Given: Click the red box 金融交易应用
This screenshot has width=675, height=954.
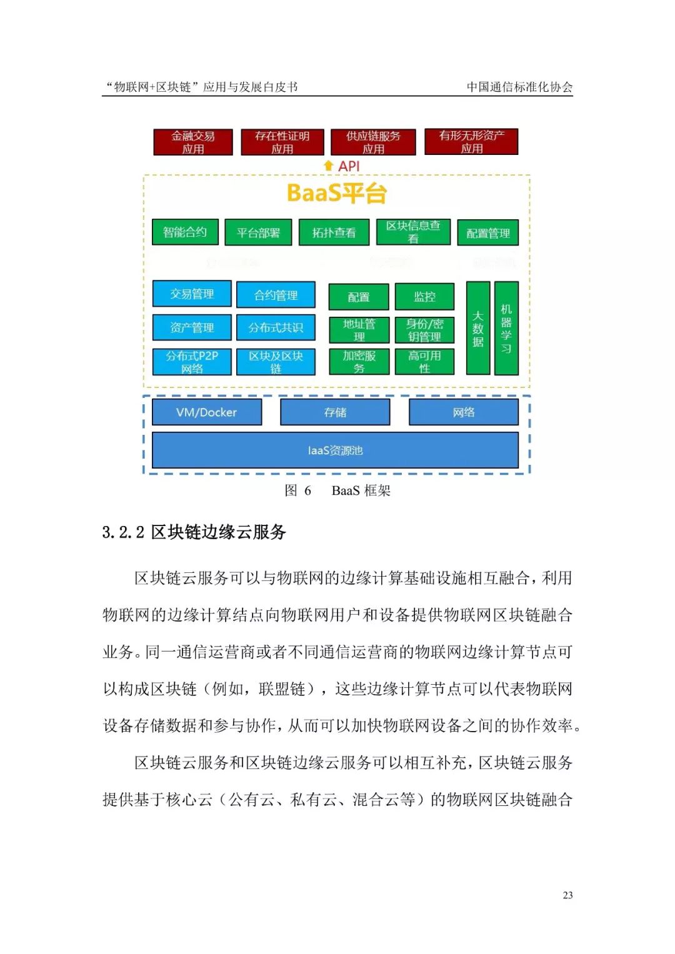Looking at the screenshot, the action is (x=193, y=142).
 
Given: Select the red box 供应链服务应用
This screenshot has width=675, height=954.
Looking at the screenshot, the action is (x=373, y=142).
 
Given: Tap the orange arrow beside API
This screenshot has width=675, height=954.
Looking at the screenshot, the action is (x=328, y=166).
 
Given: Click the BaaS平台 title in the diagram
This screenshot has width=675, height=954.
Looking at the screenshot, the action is (x=336, y=193).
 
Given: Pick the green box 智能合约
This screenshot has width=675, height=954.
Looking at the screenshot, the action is (x=185, y=232).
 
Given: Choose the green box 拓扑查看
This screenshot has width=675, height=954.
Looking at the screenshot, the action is (x=334, y=232).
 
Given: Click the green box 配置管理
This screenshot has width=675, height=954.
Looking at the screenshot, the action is (x=488, y=233).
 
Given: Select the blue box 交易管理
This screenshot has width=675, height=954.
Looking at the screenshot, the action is (x=192, y=294).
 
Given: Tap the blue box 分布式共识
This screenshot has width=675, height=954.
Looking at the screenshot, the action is (x=276, y=327).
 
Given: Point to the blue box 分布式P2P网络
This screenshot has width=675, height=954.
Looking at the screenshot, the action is (x=192, y=362).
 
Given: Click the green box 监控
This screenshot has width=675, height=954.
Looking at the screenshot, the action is (x=424, y=297).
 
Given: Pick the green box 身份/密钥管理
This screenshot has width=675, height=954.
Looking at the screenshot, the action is (x=424, y=330).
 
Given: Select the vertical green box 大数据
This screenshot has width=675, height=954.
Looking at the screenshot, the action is (x=478, y=328).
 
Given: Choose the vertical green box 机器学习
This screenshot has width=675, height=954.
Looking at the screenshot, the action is (x=506, y=328).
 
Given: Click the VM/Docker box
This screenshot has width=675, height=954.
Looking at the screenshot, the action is (x=206, y=412).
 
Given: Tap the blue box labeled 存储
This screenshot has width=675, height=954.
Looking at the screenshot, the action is (x=335, y=412).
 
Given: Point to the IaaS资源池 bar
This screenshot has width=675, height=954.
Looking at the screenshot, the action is (x=335, y=450).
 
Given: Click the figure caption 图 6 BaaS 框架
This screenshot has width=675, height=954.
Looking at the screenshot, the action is (x=337, y=490).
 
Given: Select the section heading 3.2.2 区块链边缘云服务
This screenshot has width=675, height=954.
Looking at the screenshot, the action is (x=194, y=532).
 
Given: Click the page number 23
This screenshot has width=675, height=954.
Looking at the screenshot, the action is (x=567, y=895).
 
